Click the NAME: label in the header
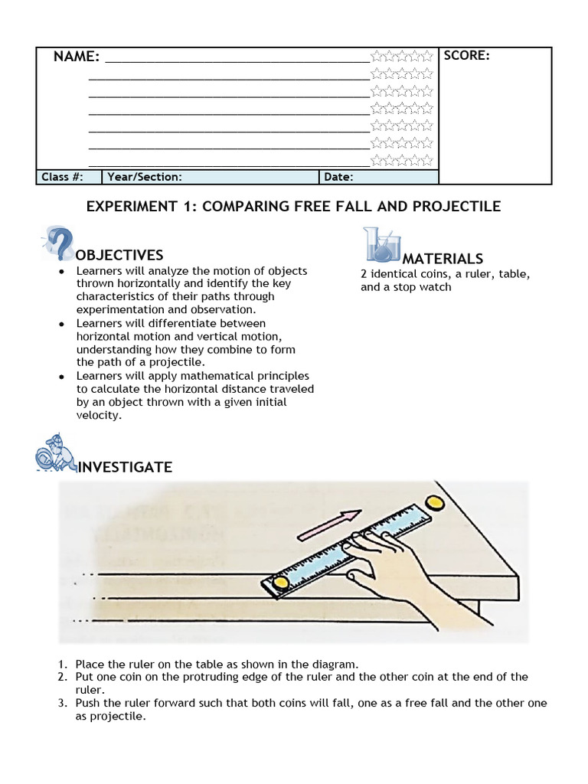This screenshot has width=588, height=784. (x=76, y=57)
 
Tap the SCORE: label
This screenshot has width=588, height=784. (x=466, y=55)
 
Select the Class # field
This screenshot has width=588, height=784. (x=60, y=177)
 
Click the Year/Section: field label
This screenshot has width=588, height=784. (x=145, y=177)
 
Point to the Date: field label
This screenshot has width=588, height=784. (x=338, y=177)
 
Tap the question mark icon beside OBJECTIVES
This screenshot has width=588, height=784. (x=58, y=243)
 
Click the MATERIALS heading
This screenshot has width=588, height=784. (x=443, y=259)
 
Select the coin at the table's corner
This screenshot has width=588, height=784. (x=436, y=503)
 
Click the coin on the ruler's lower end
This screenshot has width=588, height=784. (x=281, y=583)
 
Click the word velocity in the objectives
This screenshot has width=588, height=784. (x=99, y=415)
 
